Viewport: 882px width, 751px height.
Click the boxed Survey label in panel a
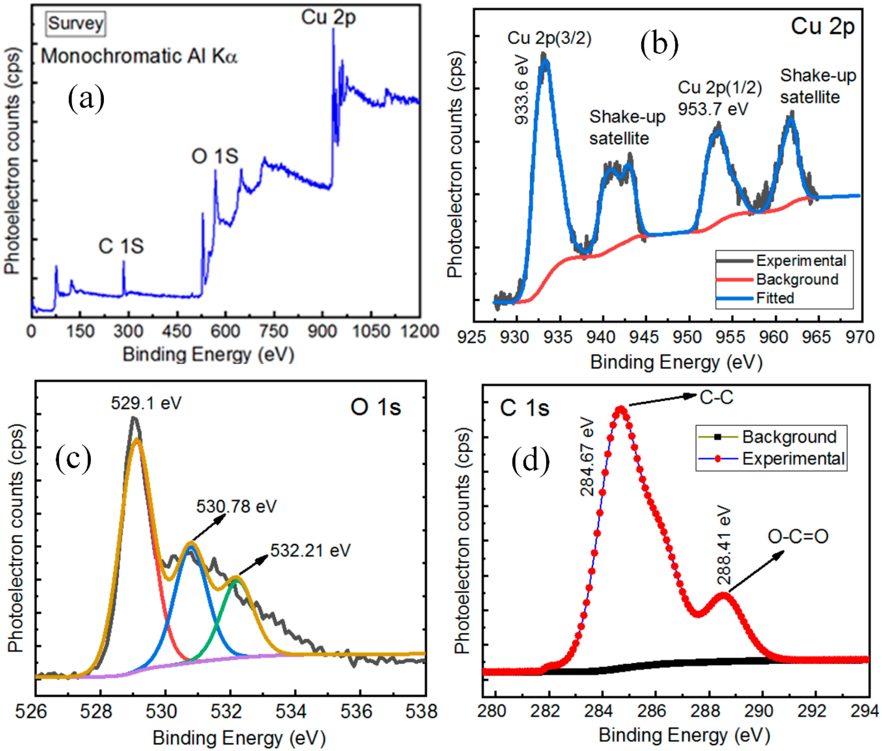(x=75, y=23)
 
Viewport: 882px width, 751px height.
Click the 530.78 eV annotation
(x=236, y=506)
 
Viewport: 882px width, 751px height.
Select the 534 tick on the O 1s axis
(x=291, y=711)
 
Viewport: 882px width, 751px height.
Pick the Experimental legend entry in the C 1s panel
(x=793, y=459)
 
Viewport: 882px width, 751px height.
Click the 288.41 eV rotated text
(x=724, y=546)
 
